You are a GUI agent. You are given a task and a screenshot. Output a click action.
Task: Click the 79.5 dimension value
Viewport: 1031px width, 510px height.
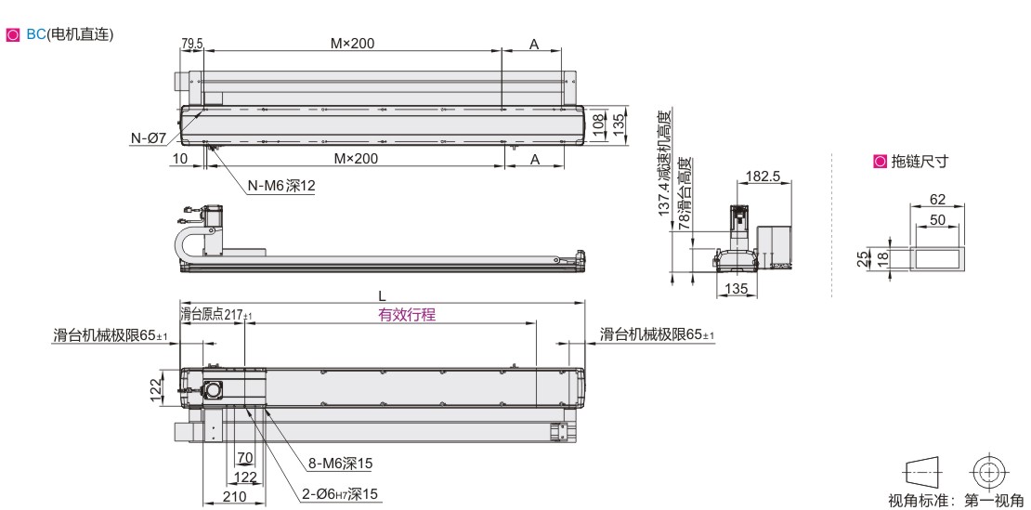tap(192, 44)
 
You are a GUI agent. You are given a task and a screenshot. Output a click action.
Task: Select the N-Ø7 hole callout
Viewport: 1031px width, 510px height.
tap(149, 138)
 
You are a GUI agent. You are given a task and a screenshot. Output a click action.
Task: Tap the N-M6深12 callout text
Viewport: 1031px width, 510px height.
tap(281, 186)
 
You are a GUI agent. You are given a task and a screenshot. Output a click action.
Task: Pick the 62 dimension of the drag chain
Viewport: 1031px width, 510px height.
tap(937, 199)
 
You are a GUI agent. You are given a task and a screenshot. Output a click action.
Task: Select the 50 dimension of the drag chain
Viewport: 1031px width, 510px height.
tap(937, 219)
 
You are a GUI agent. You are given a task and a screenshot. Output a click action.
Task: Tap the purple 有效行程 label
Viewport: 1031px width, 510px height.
tap(406, 315)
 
